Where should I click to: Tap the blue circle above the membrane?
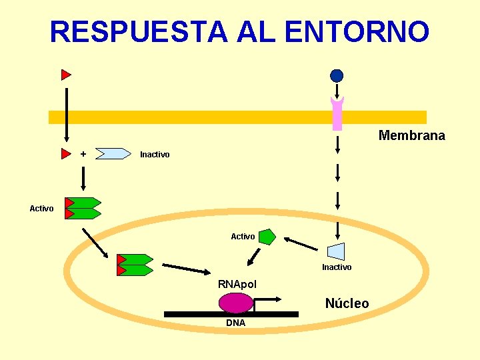click(337, 75)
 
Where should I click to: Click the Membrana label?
click(411, 136)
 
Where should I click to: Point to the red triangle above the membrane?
click(65, 75)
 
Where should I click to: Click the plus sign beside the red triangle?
click(83, 154)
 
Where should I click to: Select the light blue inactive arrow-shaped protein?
click(113, 154)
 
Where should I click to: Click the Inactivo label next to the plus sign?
click(155, 155)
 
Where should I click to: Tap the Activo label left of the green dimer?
click(41, 209)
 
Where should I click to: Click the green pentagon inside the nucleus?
click(267, 237)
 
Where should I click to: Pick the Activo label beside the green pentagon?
click(243, 237)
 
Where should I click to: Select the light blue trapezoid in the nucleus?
click(337, 251)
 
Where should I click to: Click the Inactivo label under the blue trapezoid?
click(337, 267)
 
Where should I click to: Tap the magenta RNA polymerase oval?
click(236, 303)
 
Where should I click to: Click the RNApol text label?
click(237, 285)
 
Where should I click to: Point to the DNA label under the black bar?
click(235, 323)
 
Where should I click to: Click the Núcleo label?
click(347, 304)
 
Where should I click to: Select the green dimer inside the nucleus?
click(135, 265)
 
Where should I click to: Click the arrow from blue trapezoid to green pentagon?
click(300, 243)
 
